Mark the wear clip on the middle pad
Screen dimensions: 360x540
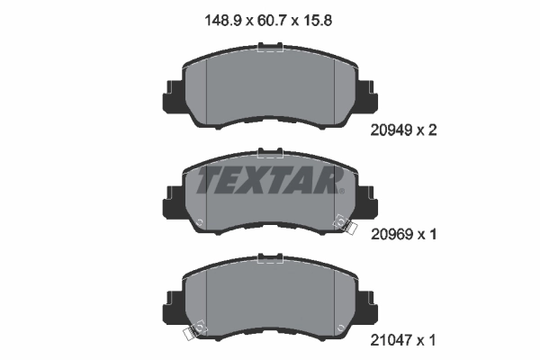(342, 222)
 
